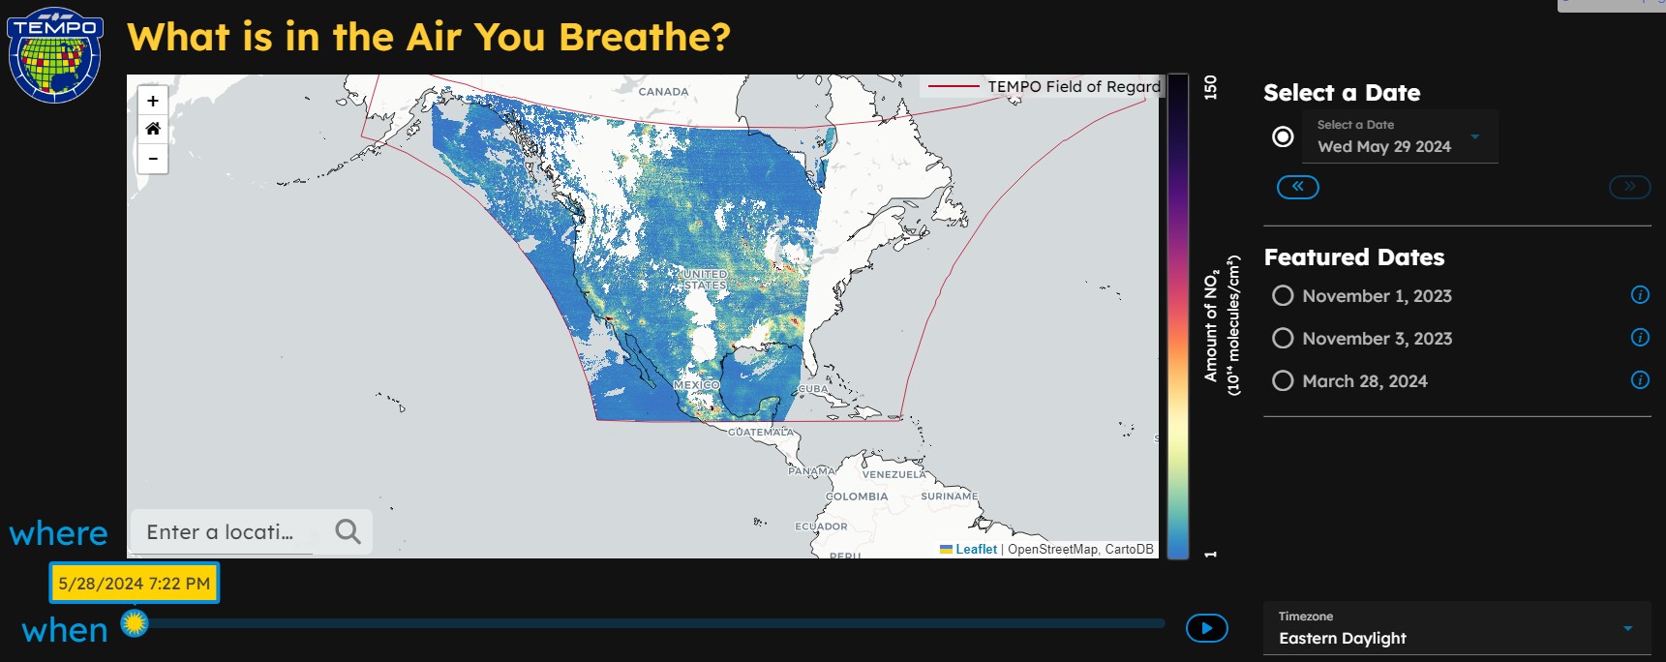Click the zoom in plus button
[x=153, y=101]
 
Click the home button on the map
[x=153, y=129]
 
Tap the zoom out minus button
[x=153, y=159]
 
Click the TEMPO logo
[x=55, y=54]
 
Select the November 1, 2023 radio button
[x=1283, y=295]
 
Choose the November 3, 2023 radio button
[x=1283, y=338]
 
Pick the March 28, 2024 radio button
[x=1283, y=380]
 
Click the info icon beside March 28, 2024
[x=1640, y=379]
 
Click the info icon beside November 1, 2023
[x=1640, y=294]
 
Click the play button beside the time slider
[x=1206, y=628]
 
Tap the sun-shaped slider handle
[x=135, y=623]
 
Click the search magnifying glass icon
[x=348, y=531]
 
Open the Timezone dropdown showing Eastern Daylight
[x=1457, y=628]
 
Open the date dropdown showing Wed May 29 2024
[x=1400, y=136]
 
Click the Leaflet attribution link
[x=976, y=549]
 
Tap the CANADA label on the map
[x=663, y=92]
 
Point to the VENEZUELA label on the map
[x=894, y=474]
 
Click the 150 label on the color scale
[x=1210, y=87]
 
